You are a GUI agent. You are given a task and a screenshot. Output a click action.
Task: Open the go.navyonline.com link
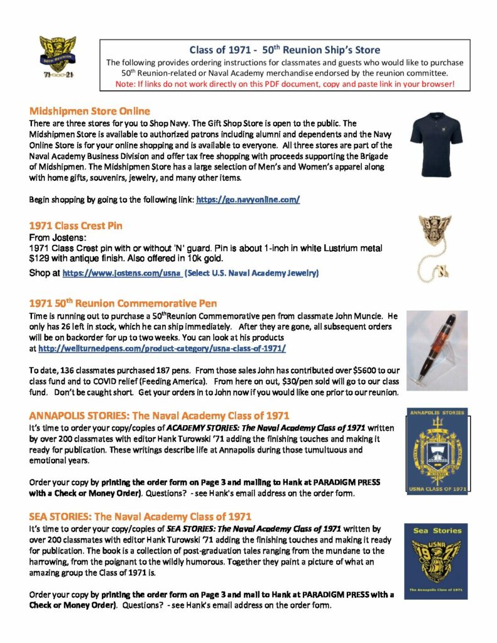248,200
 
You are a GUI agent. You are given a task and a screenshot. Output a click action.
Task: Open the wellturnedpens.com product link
162,347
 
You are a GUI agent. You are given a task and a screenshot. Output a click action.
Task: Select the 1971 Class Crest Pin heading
76,225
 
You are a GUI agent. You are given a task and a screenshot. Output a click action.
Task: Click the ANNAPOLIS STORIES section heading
159,415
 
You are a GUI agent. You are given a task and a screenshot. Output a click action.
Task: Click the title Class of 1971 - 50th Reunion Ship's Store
285,50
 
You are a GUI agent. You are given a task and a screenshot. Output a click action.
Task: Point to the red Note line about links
285,84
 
